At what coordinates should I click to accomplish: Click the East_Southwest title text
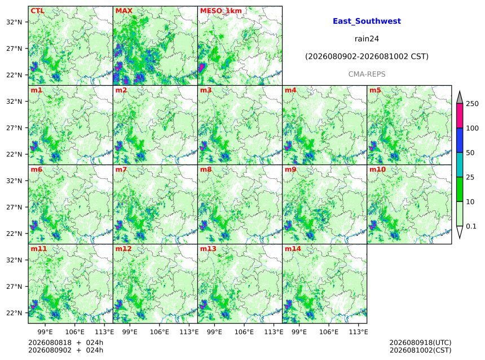pyautogui.click(x=367, y=21)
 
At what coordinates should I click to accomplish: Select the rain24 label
pyautogui.click(x=367, y=39)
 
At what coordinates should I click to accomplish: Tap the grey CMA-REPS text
pyautogui.click(x=367, y=74)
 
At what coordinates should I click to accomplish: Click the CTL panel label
pyautogui.click(x=37, y=11)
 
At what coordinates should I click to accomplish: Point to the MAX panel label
pyautogui.click(x=124, y=11)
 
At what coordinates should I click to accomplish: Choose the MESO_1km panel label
pyautogui.click(x=221, y=11)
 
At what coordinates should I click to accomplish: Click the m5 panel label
pyautogui.click(x=375, y=90)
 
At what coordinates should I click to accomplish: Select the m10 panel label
pyautogui.click(x=377, y=169)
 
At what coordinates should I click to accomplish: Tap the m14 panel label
pyautogui.click(x=293, y=249)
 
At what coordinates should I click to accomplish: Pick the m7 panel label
pyautogui.click(x=121, y=169)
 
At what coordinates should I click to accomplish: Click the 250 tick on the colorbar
pyautogui.click(x=472, y=104)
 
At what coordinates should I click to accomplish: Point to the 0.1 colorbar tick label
pyautogui.click(x=471, y=226)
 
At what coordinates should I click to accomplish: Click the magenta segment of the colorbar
pyautogui.click(x=460, y=116)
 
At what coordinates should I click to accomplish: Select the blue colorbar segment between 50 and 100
pyautogui.click(x=460, y=141)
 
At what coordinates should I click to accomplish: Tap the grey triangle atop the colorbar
pyautogui.click(x=460, y=98)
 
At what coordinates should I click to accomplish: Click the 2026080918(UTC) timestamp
pyautogui.click(x=420, y=343)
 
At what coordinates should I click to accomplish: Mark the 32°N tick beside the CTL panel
pyautogui.click(x=14, y=22)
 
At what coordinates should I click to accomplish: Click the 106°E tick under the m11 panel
pyautogui.click(x=75, y=332)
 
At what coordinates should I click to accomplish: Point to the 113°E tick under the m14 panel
pyautogui.click(x=359, y=332)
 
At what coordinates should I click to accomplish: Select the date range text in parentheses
pyautogui.click(x=367, y=56)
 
